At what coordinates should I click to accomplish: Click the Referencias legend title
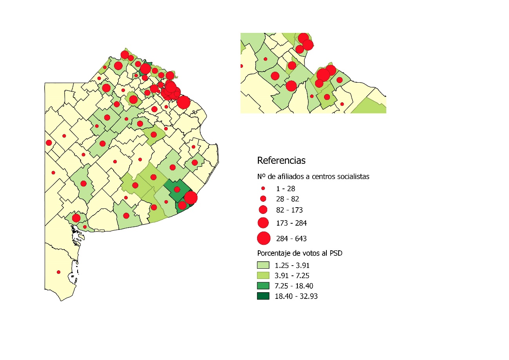(281, 160)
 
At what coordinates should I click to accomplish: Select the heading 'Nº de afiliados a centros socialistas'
(313, 176)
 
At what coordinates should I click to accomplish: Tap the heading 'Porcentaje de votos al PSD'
(300, 253)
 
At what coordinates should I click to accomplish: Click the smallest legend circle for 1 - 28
(263, 188)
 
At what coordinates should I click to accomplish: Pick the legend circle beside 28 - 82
(263, 199)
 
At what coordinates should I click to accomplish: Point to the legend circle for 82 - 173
(263, 210)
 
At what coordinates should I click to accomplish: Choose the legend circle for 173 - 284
(263, 223)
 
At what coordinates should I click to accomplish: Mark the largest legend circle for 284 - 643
(264, 238)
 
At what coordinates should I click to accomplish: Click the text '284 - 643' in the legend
(292, 239)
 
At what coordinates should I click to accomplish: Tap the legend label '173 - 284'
(292, 223)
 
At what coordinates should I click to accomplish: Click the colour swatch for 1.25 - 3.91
(263, 265)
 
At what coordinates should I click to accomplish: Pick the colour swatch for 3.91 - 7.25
(263, 275)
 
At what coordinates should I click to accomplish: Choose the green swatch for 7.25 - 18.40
(263, 286)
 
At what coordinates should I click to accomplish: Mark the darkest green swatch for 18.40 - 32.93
(263, 296)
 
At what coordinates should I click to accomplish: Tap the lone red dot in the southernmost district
(59, 272)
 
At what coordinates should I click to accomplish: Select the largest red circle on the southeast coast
(190, 198)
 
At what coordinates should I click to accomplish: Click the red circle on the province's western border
(49, 143)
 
